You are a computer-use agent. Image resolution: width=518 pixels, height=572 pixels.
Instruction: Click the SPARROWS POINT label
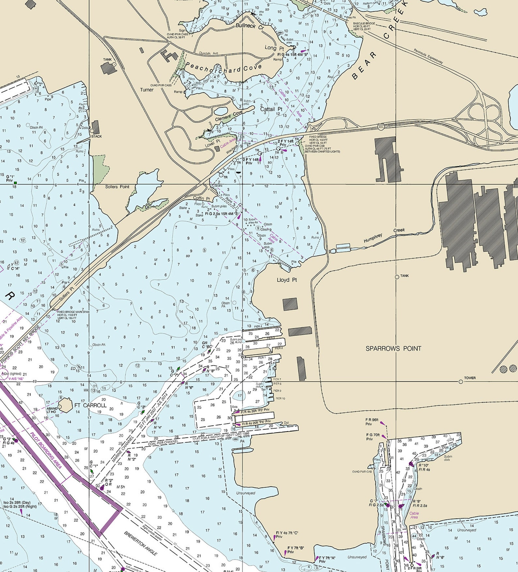click(x=393, y=349)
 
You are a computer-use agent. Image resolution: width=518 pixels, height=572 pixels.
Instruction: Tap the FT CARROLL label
click(x=90, y=405)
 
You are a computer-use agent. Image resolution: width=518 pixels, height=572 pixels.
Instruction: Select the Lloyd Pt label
click(x=287, y=280)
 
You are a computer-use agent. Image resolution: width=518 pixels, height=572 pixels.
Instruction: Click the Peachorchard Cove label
click(x=223, y=67)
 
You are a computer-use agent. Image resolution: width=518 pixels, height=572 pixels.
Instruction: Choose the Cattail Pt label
click(x=271, y=109)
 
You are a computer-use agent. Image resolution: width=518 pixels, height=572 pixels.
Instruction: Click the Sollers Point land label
click(x=117, y=187)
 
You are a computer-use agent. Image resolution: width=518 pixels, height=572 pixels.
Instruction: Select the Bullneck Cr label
click(x=250, y=26)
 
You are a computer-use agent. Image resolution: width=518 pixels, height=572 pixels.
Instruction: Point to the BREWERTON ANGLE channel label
click(x=141, y=543)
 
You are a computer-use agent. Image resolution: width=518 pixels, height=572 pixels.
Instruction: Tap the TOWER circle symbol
click(x=461, y=382)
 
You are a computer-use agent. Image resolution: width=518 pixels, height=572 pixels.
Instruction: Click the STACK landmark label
click(x=96, y=136)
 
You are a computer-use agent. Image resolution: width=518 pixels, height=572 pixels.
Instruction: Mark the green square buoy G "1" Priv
click(x=15, y=183)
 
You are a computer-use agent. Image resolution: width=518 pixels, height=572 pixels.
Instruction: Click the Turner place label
click(x=146, y=90)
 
